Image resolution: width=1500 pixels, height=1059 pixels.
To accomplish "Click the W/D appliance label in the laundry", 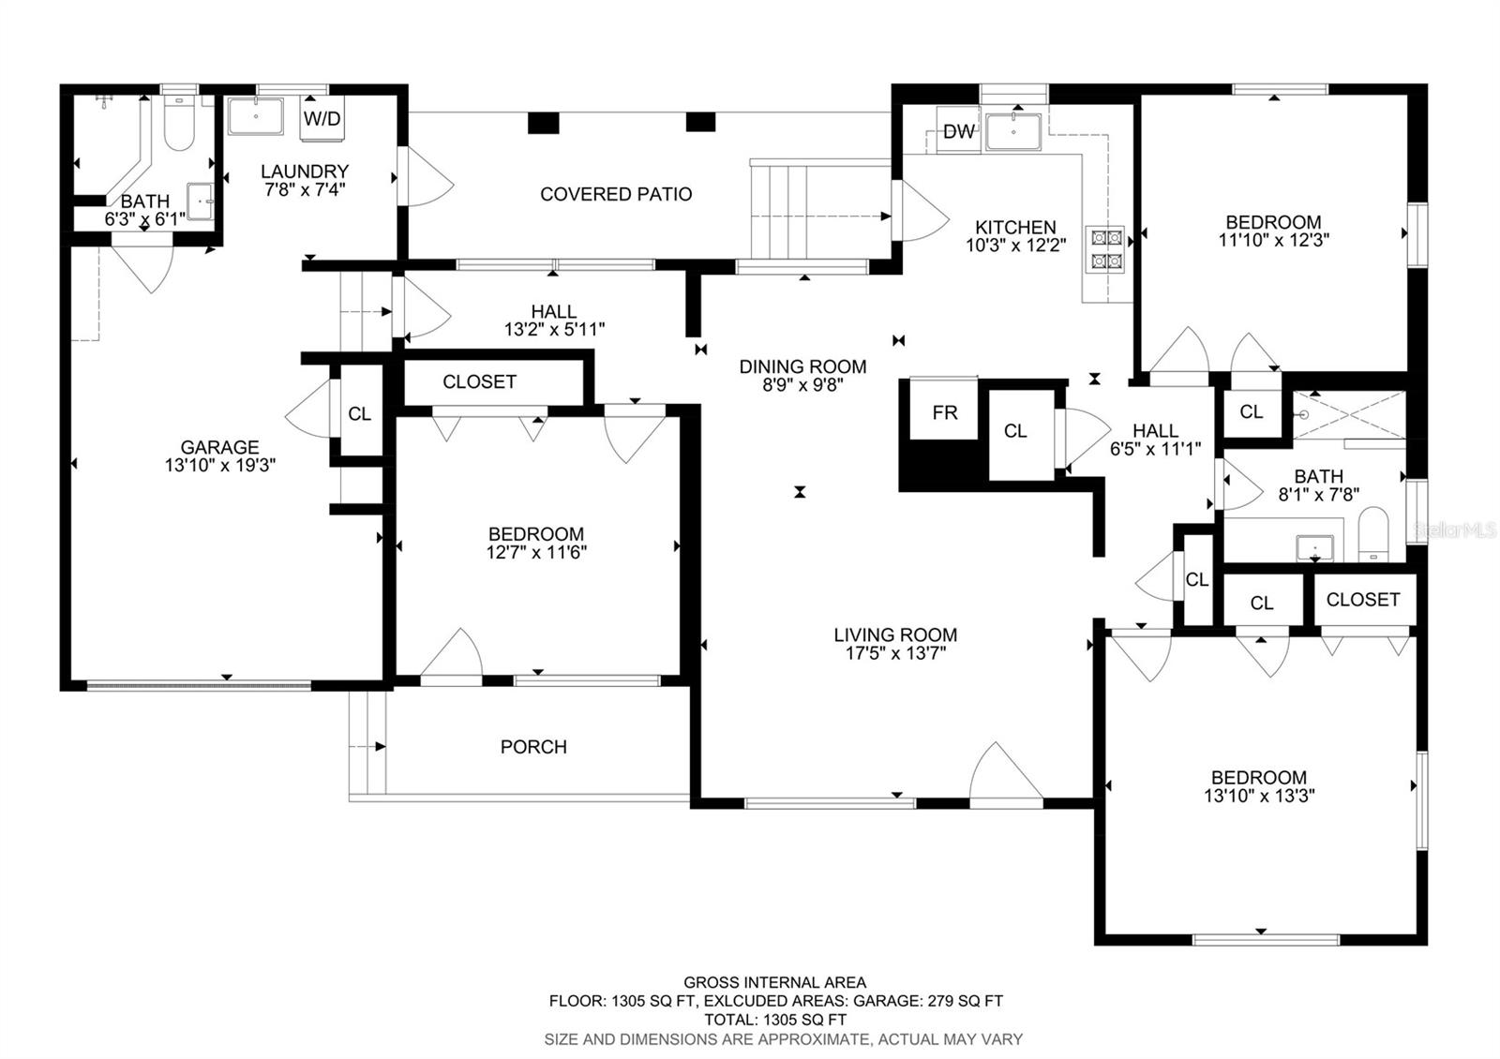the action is (322, 119).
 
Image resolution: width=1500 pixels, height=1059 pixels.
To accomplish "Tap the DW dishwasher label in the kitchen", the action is (959, 131).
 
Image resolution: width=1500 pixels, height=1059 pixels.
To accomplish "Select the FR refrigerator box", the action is (944, 410).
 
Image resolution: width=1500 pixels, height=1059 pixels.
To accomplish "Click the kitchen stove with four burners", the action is (1106, 249).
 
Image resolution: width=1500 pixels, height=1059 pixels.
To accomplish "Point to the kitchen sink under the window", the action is (1013, 132).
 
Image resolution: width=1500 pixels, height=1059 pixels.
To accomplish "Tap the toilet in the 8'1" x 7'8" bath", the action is (1373, 534).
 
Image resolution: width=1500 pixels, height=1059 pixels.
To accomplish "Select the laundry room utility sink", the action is (256, 116).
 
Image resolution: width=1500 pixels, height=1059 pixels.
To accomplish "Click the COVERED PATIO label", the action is (616, 194).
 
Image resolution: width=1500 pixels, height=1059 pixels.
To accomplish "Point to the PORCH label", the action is (533, 746).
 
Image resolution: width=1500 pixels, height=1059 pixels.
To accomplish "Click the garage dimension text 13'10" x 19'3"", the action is (220, 465).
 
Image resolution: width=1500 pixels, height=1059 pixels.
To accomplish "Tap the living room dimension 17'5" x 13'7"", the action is (895, 652).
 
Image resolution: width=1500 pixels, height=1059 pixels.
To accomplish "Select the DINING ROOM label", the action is (802, 366).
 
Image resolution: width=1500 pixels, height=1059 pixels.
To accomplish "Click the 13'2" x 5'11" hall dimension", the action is (554, 329).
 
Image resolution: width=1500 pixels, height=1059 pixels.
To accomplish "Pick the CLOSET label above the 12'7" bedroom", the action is (479, 381).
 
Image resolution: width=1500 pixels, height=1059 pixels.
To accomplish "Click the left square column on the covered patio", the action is (543, 123).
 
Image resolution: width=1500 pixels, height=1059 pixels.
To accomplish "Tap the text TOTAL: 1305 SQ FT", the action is (775, 1020).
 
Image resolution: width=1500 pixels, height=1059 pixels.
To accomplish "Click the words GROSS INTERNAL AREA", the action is (774, 982).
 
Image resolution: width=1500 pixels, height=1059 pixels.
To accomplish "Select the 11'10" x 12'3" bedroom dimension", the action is (1273, 240).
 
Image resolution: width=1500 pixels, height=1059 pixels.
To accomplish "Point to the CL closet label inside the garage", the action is (360, 413).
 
